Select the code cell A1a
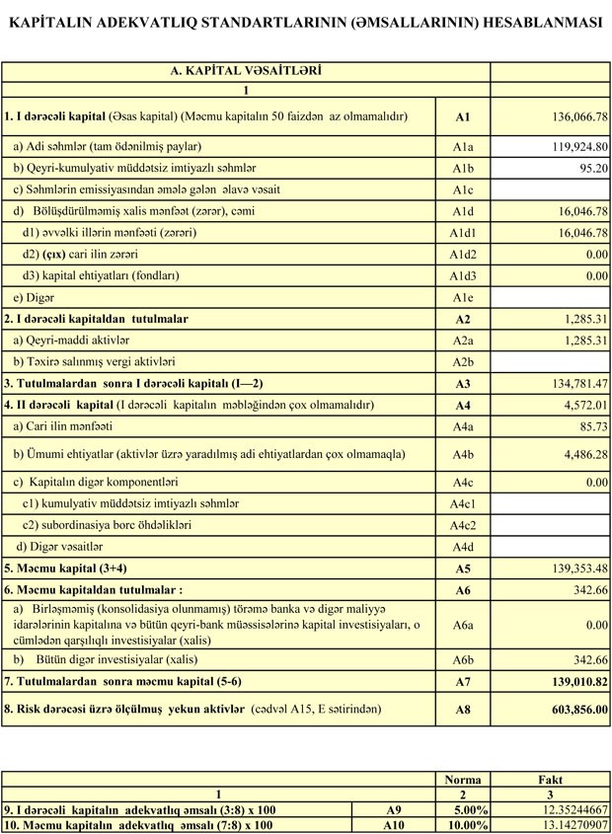(462, 146)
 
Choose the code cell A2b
(462, 362)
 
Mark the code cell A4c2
(462, 525)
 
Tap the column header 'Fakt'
(550, 779)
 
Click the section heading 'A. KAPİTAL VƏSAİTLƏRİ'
(246, 71)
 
